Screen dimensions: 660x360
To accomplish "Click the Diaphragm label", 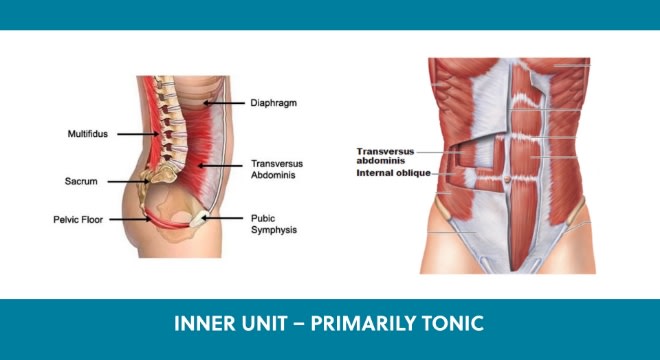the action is (x=274, y=103).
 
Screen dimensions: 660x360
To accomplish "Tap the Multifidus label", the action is (x=88, y=134).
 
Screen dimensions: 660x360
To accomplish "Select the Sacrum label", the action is (x=81, y=181).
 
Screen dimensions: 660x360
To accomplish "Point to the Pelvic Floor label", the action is (x=78, y=219).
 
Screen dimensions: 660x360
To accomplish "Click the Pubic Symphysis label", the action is (x=274, y=224).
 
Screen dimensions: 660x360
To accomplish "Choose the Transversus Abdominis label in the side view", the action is (x=277, y=169).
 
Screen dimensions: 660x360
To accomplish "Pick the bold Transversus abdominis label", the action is (x=385, y=156).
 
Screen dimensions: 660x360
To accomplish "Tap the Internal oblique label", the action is (x=394, y=173).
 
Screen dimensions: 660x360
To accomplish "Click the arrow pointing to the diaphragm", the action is (x=224, y=103).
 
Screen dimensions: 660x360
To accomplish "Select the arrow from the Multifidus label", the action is (x=138, y=134).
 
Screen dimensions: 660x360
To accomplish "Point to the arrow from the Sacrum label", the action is (x=128, y=182).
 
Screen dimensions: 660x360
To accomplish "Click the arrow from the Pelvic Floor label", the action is (x=130, y=219).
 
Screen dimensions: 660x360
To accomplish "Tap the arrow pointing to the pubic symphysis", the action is (x=222, y=218).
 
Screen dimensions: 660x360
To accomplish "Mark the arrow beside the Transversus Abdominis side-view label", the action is (x=220, y=166).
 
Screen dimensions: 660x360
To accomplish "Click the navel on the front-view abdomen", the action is (x=508, y=179).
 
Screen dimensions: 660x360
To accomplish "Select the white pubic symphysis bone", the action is (x=197, y=219).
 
